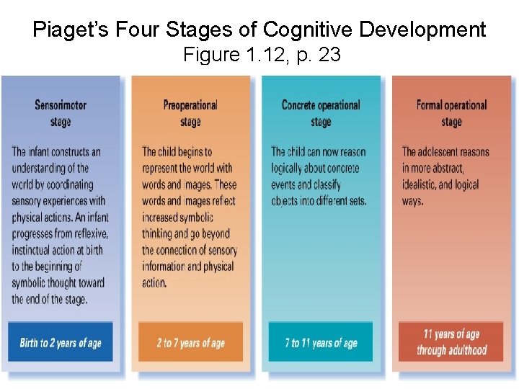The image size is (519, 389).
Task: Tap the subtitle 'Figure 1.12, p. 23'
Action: (x=262, y=54)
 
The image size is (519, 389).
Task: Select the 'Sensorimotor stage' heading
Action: (x=61, y=113)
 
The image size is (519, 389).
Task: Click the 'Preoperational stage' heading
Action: (x=190, y=113)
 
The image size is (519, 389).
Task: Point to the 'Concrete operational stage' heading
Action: (x=321, y=113)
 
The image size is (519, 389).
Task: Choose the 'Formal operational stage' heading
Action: (x=451, y=113)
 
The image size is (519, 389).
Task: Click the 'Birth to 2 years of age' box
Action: (x=61, y=342)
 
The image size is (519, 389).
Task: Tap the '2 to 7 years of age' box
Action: (x=190, y=342)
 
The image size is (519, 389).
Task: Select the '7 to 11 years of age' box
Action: (x=321, y=342)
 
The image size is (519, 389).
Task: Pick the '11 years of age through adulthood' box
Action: (x=451, y=342)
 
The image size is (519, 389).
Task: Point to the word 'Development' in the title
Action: (x=425, y=30)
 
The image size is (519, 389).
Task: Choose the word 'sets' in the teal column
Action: (x=355, y=201)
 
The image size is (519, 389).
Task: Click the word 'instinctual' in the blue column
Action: (x=35, y=250)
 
